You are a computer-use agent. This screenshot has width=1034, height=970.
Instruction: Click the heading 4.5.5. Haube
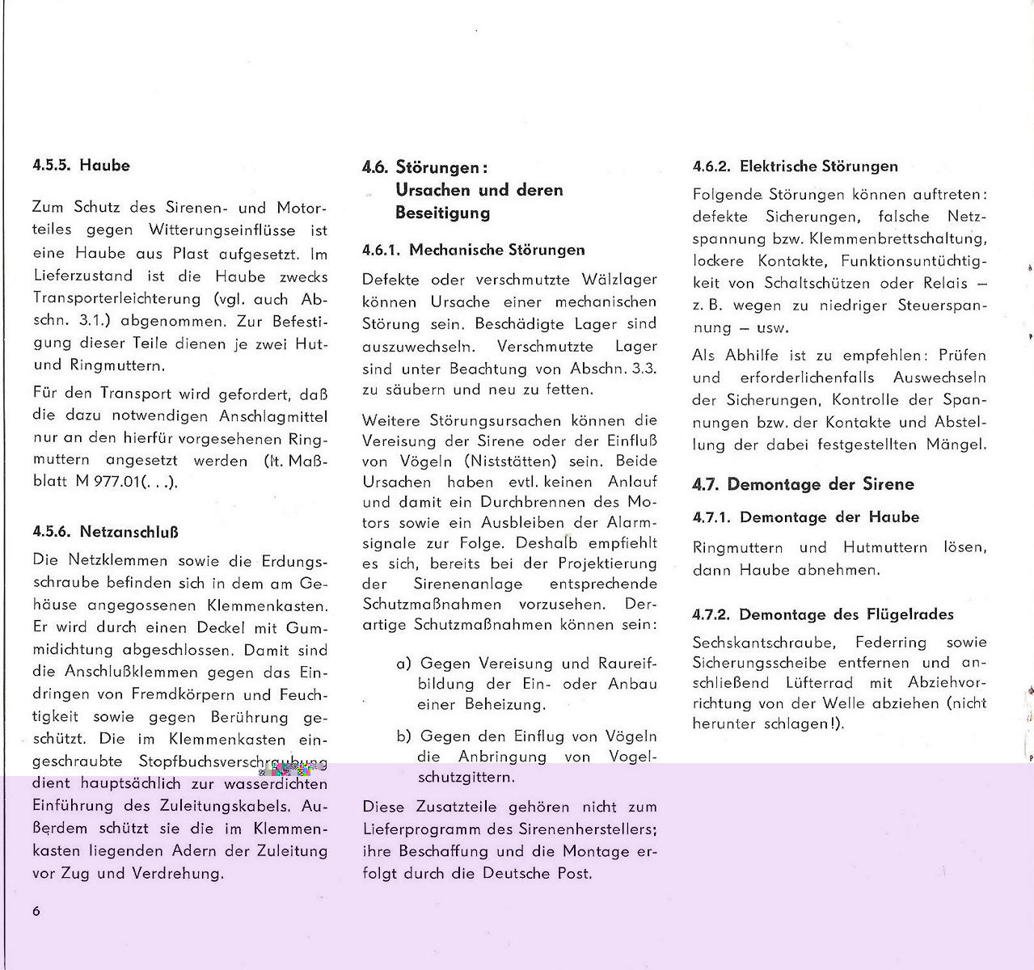tap(81, 166)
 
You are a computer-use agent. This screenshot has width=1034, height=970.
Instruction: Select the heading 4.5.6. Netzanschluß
tap(105, 532)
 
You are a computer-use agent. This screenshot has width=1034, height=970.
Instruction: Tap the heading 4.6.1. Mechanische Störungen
tap(473, 250)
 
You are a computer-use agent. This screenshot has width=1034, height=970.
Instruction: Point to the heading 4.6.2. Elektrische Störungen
tap(796, 167)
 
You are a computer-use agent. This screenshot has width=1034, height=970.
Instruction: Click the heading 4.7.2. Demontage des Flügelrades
tap(823, 614)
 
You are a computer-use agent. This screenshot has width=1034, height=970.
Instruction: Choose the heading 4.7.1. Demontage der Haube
tap(806, 517)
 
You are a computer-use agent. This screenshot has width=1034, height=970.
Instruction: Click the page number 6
tap(36, 911)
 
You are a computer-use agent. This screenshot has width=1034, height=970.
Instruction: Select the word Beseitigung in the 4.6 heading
tap(443, 213)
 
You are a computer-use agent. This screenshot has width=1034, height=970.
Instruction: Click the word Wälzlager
tap(618, 280)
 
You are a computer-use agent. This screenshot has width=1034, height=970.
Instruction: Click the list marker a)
tap(404, 664)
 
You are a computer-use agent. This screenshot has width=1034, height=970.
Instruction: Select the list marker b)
tap(404, 736)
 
